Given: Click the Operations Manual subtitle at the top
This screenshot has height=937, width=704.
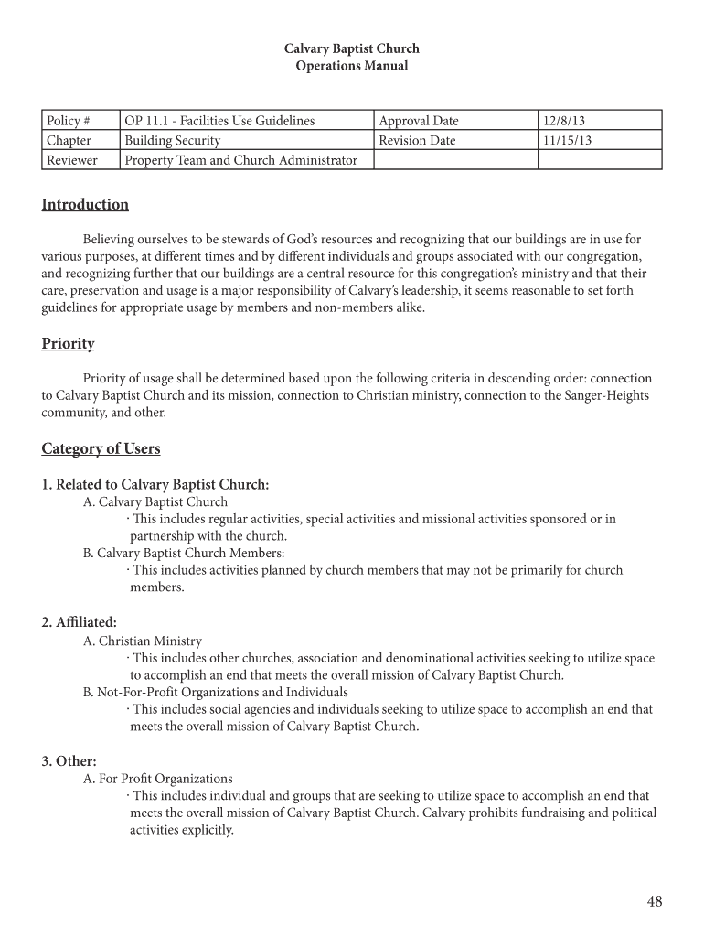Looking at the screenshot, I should pos(352,66).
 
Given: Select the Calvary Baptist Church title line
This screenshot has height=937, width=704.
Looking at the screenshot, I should pos(352,48).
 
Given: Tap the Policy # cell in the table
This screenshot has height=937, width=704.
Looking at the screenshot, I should pos(69,121).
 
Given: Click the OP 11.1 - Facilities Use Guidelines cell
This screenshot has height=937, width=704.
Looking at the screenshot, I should pos(219,121).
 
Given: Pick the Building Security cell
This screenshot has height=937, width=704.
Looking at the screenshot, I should pos(173,141).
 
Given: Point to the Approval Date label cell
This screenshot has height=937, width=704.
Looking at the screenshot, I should pos(419,121).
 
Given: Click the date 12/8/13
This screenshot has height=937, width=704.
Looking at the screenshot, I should pos(560,121).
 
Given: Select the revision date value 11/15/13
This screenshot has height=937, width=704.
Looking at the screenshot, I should pos(567,141).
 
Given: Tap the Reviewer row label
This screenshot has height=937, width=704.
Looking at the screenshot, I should pos(72,161).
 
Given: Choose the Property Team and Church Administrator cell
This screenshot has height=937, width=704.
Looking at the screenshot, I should pos(240,161).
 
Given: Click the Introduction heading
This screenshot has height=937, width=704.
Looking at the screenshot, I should pos(85,205).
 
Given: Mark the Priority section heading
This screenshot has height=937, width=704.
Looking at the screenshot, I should pos(68,344).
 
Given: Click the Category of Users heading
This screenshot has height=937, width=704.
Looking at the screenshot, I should pos(101,448).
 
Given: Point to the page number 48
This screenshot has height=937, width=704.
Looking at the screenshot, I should pos(654,902).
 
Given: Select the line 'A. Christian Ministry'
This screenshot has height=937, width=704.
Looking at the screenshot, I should pos(143,641).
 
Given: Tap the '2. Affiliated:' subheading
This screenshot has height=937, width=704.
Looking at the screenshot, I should pos(79,622).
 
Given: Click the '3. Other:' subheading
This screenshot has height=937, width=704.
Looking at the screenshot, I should pos(69,761).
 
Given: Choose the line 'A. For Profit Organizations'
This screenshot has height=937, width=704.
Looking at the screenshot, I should pos(158,780).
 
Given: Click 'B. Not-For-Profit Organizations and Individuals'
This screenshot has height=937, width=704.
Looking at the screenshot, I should pos(216,693).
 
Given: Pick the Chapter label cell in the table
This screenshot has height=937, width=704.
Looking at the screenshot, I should pos(69,141).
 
